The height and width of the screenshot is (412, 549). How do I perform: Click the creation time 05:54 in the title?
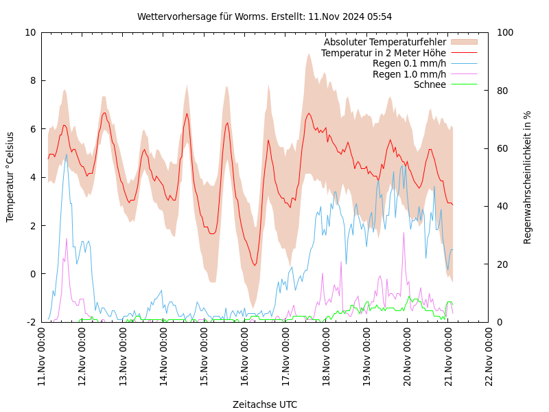(379, 16)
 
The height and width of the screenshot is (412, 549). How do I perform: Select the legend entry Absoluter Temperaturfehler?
(384, 42)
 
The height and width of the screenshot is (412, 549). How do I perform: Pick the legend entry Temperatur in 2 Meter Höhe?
(383, 53)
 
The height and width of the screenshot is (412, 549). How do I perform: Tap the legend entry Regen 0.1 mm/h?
(409, 63)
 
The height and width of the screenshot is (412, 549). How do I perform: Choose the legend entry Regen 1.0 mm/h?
(409, 74)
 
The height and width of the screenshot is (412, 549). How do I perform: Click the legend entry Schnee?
(430, 84)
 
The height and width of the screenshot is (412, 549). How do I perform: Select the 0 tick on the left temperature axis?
(33, 274)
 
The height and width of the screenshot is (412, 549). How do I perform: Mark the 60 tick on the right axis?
(502, 148)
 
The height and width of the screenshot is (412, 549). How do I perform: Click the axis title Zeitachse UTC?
(265, 404)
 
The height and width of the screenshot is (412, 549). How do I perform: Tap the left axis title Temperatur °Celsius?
(10, 177)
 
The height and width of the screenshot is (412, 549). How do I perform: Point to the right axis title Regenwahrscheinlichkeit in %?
(528, 177)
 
